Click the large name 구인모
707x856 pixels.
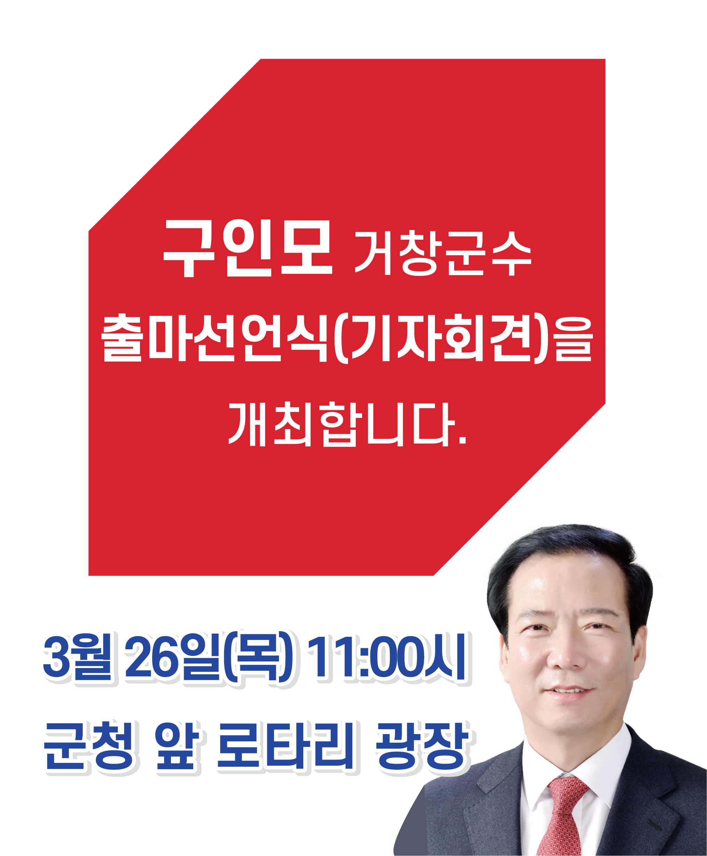pos(248,248)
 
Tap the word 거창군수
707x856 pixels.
pos(443,253)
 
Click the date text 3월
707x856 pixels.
pos(77,657)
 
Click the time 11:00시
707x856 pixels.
pos(386,657)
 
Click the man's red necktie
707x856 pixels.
pos(563,814)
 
